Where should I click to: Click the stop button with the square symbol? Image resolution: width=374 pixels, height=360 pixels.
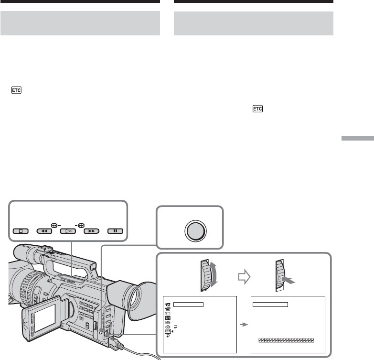21,231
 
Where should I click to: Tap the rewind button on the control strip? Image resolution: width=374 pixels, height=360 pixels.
44,231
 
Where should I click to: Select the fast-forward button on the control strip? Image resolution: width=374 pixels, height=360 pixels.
91,231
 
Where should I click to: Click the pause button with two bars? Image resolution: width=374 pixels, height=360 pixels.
115,231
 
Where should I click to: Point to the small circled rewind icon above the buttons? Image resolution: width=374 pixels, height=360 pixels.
54,225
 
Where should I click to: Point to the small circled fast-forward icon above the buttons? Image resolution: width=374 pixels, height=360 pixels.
81,225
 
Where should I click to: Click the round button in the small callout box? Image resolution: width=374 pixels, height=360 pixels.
195,231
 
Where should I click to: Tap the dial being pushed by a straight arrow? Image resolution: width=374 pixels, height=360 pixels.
280,275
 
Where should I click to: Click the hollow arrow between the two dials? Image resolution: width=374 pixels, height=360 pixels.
244,277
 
